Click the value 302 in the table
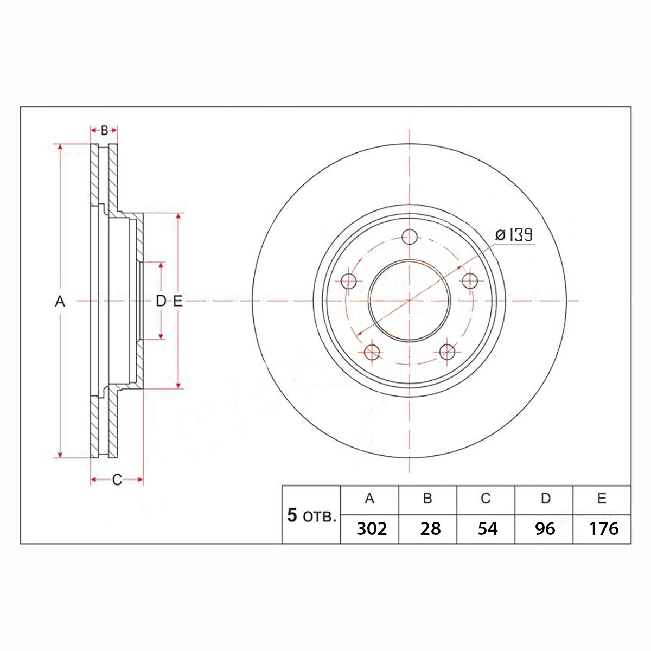coord(372,529)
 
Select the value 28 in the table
coord(430,529)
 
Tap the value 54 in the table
coord(488,529)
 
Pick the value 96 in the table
coord(545,529)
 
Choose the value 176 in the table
coord(604,529)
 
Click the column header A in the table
coord(369,499)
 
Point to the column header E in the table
coord(602,499)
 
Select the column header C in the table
coord(486,499)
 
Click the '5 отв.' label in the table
coord(311,515)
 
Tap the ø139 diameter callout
coord(514,235)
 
